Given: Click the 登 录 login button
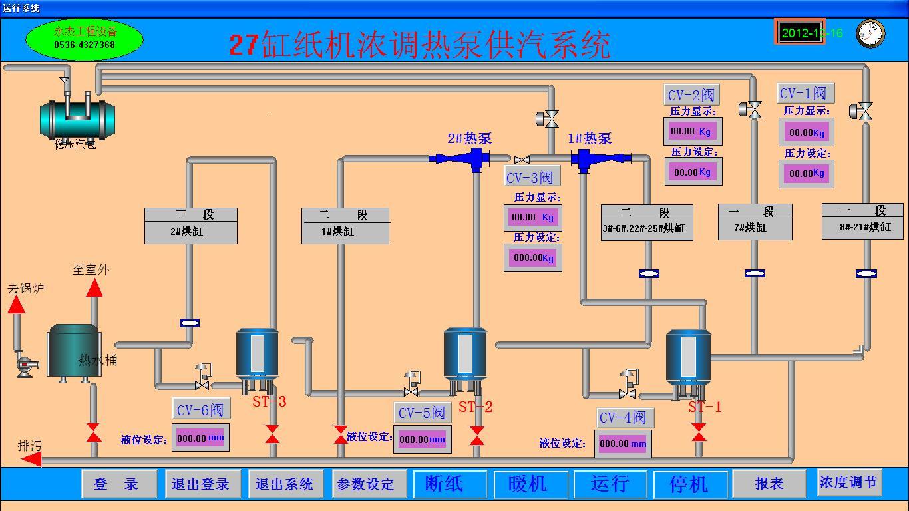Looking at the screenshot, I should (x=118, y=484).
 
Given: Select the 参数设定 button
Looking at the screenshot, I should (x=365, y=484).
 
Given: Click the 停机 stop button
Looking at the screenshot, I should (x=689, y=484).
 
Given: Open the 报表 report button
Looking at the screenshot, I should (x=769, y=484).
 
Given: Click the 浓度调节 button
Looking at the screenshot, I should (x=848, y=482).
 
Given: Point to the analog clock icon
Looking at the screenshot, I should (x=870, y=33).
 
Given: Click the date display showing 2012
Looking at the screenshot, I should (x=800, y=33).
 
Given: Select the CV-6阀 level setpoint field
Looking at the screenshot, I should (x=200, y=438).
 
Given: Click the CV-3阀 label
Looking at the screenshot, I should (x=531, y=177).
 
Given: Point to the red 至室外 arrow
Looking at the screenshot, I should (x=94, y=288).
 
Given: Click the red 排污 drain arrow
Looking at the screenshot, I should (x=31, y=459).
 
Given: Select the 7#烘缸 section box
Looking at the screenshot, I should (x=755, y=222).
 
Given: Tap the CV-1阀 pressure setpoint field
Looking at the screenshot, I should (x=806, y=174).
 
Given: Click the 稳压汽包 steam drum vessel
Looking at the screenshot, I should (x=77, y=118).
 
